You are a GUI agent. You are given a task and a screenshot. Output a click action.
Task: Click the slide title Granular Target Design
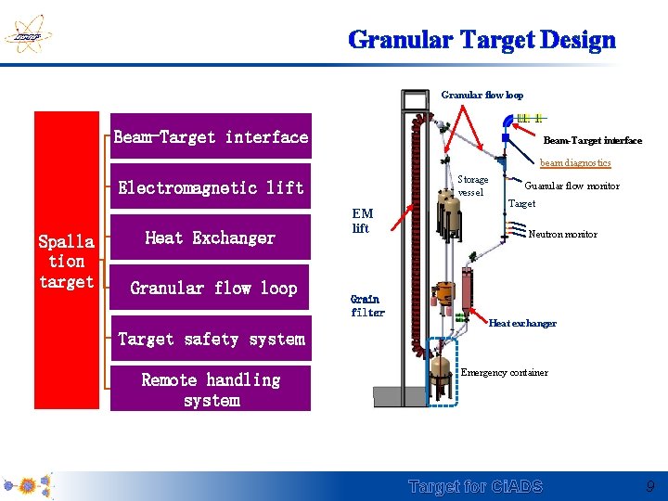click(482, 40)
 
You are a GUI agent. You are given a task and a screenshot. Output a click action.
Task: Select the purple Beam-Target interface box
click(211, 137)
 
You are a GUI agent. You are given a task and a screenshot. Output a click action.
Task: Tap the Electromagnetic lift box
click(211, 187)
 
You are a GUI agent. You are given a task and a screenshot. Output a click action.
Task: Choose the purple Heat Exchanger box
click(211, 238)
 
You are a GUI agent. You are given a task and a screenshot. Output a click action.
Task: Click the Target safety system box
click(211, 340)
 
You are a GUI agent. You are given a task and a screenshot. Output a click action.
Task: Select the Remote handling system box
click(211, 390)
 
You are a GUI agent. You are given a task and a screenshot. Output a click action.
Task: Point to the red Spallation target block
click(67, 261)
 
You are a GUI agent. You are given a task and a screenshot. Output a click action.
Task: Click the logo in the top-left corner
click(26, 36)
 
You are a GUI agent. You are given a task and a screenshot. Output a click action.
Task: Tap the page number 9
click(650, 486)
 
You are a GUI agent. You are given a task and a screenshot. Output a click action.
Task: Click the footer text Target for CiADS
click(476, 487)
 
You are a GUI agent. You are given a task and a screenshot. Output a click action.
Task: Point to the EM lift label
click(362, 221)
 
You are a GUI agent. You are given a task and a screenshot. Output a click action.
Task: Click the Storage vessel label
click(472, 186)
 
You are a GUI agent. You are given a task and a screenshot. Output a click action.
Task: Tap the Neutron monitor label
click(562, 235)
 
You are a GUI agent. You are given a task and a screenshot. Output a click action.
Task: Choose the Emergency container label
click(505, 373)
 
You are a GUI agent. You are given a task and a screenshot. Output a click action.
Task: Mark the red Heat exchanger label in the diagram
click(522, 324)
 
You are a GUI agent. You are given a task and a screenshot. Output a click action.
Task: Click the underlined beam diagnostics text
click(575, 163)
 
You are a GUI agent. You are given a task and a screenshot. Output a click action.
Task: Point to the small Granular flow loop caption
click(482, 95)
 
